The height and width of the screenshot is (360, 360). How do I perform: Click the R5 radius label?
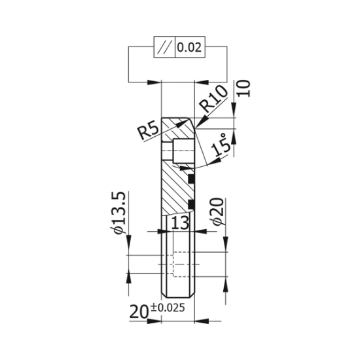[x=149, y=130]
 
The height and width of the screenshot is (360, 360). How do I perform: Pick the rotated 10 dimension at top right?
[x=244, y=89]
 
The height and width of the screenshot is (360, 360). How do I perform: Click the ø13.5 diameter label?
[x=119, y=213]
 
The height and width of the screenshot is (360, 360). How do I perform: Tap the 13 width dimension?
[x=179, y=223]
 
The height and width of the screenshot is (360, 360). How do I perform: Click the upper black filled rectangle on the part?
[x=191, y=177]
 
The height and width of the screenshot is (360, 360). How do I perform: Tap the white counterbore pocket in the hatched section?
[x=183, y=152]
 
